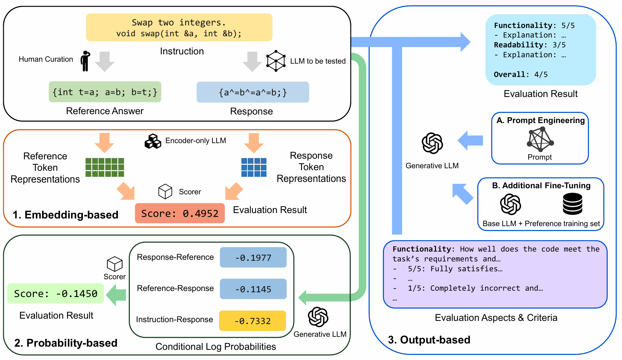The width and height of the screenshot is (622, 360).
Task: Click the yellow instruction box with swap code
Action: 179,27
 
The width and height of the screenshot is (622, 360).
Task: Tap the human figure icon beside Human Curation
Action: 85,61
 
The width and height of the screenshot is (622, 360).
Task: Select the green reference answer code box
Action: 105,92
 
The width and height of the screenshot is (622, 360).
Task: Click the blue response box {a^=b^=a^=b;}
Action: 253,92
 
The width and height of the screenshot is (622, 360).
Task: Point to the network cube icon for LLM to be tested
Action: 276,60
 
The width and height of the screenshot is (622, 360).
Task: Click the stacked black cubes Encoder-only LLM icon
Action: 153,141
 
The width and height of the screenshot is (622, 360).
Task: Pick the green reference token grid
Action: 105,167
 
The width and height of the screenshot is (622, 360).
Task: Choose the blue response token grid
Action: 254,167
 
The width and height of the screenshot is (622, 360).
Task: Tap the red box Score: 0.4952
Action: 180,213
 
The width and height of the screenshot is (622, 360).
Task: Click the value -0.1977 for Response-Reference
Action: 253,257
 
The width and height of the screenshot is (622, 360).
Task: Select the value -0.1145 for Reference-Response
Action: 253,289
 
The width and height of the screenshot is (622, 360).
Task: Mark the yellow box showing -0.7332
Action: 252,321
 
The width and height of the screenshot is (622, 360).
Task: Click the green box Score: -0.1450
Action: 56,293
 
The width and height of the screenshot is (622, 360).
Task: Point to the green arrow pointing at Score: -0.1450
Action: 116,295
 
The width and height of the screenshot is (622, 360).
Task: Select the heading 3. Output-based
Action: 429,340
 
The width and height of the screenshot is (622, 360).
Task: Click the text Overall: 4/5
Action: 521,74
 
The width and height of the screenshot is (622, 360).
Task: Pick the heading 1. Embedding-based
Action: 66,215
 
